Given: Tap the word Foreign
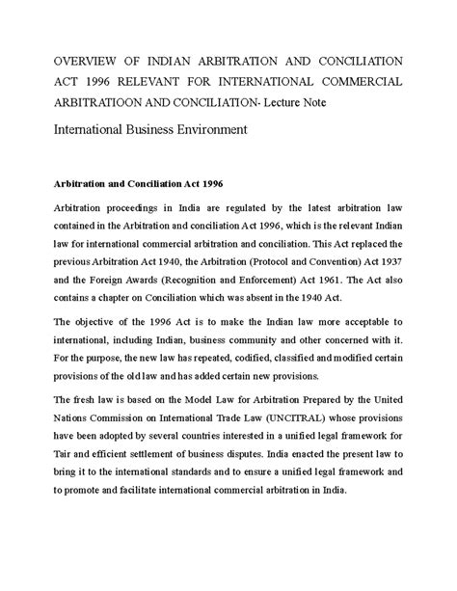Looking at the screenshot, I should [93, 283].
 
